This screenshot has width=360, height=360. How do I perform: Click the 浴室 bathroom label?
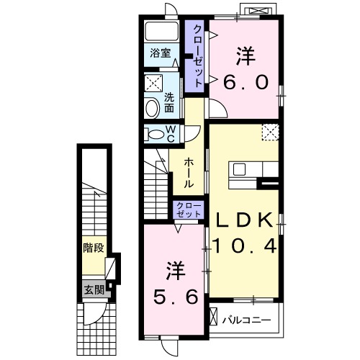point(161,53)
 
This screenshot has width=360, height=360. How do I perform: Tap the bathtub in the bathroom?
point(162,32)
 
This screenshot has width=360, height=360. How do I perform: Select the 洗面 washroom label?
point(169,103)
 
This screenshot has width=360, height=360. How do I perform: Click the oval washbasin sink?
point(153,109)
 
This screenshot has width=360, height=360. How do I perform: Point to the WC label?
point(171,134)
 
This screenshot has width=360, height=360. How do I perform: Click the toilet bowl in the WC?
point(155,134)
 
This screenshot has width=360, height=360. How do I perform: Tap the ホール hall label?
point(189,173)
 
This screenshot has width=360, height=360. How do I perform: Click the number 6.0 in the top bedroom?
point(246,82)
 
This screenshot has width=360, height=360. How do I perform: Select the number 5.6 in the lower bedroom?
point(176,296)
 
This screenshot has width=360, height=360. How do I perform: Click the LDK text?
point(245,220)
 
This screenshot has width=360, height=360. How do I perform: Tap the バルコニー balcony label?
point(246,320)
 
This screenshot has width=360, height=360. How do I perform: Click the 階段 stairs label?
point(94,248)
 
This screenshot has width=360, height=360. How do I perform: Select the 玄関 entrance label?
point(94,290)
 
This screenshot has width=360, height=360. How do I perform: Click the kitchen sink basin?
point(240,169)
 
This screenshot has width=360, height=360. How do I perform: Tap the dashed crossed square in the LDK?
point(270,132)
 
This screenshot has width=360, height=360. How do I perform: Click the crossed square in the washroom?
point(153,83)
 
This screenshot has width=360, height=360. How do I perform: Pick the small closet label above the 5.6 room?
point(189,210)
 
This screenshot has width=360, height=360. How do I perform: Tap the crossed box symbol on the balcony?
point(213,317)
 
